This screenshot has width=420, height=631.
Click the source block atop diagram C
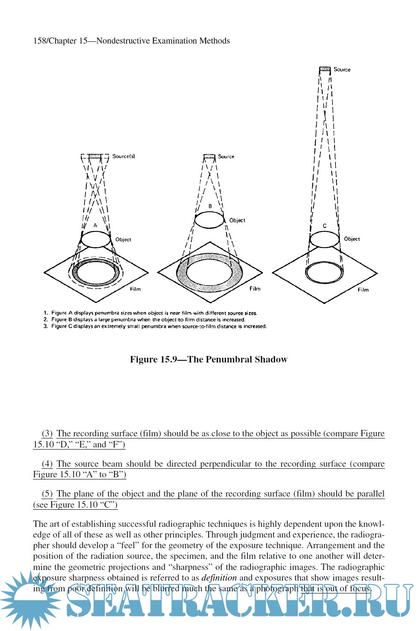click(325, 69)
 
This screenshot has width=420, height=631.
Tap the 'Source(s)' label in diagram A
click(123, 156)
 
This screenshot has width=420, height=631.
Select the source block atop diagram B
click(209, 157)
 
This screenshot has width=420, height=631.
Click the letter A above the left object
click(95, 225)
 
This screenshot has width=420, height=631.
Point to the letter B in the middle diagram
click(210, 206)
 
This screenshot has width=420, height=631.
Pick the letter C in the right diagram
click(325, 226)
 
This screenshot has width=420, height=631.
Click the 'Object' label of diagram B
click(237, 220)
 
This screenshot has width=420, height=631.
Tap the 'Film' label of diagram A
click(135, 289)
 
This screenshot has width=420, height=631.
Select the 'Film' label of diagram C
click(363, 289)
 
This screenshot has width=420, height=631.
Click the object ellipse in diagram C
click(324, 240)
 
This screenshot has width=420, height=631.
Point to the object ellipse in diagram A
click(96, 240)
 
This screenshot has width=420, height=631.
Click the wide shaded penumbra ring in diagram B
click(181, 273)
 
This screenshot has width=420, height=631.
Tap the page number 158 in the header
click(40, 41)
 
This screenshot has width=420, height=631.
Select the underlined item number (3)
click(47, 434)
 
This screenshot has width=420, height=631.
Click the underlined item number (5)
click(47, 494)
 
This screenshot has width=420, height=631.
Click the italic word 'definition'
click(219, 578)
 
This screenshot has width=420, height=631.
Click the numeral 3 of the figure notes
click(46, 326)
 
